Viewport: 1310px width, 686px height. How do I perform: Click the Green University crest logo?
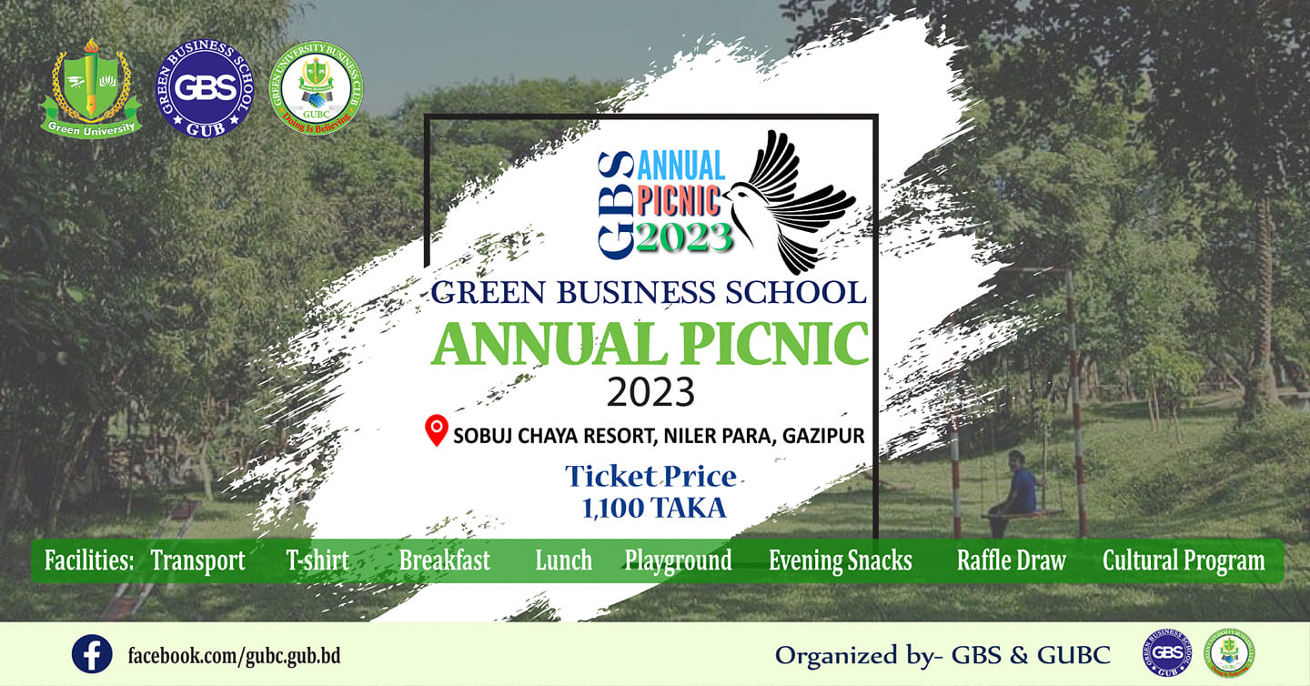click(90, 88)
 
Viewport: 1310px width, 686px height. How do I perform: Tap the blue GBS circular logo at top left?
click(206, 88)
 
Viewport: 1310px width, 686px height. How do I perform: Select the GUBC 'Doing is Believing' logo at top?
click(317, 88)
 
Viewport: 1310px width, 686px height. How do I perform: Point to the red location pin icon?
click(438, 429)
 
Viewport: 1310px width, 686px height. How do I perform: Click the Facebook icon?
click(92, 654)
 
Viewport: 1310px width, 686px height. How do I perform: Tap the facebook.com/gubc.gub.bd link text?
click(234, 655)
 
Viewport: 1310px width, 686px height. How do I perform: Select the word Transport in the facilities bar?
click(198, 560)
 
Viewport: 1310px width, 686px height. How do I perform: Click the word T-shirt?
click(317, 560)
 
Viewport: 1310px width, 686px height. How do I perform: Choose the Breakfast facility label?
click(445, 560)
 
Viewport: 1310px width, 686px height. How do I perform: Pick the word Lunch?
click(564, 560)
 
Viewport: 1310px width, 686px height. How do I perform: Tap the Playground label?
click(678, 560)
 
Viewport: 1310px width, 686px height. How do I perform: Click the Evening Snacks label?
click(840, 560)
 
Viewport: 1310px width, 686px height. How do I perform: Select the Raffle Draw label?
click(1011, 560)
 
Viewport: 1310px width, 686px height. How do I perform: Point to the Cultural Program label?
click(1184, 560)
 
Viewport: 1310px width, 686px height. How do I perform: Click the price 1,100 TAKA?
click(654, 508)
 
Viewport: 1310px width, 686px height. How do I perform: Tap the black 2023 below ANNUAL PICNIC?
click(650, 393)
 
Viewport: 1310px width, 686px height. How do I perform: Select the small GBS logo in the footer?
click(1166, 653)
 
